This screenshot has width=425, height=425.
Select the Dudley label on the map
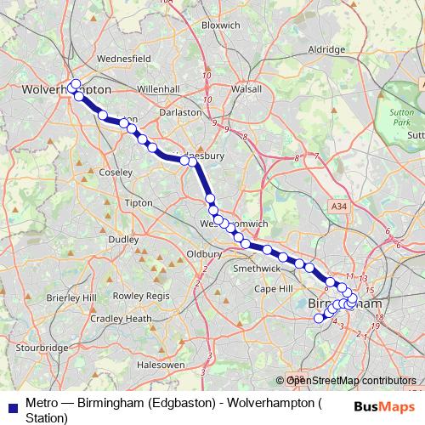click(123, 240)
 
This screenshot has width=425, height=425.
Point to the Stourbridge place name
click(42, 348)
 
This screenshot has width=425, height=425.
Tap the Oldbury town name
click(204, 253)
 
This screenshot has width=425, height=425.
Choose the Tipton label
click(138, 203)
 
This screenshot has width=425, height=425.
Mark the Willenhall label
click(159, 88)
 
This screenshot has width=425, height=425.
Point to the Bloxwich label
click(222, 25)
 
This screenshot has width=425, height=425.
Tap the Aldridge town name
click(327, 50)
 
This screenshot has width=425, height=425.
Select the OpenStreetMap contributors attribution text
click(350, 382)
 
